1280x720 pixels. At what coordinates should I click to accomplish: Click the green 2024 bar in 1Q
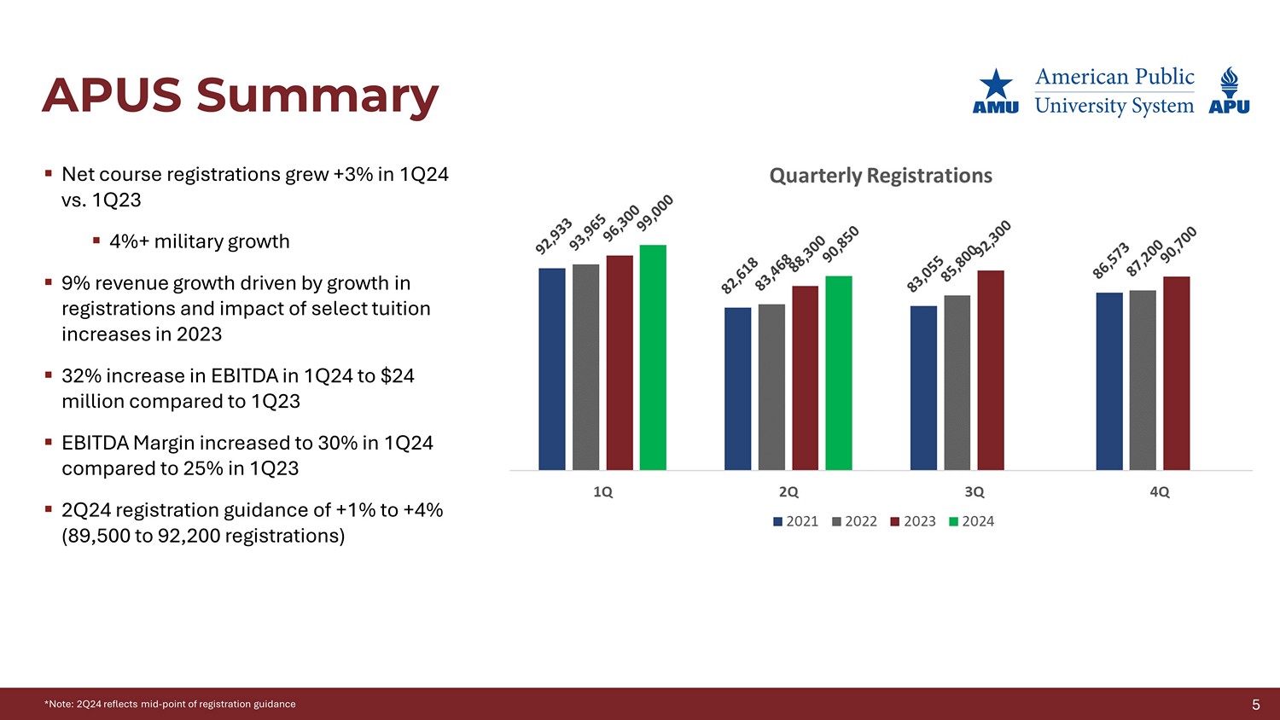[x=653, y=357]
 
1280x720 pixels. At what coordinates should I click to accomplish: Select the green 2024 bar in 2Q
[x=839, y=373]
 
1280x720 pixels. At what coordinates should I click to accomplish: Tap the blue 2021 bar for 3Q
[x=923, y=388]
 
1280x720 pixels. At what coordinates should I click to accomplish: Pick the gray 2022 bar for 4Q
[x=1143, y=380]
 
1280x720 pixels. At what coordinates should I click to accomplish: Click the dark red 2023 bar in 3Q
[x=991, y=370]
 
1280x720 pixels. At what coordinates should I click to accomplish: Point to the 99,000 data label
[x=655, y=212]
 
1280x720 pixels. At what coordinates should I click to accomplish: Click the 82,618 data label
[x=740, y=276]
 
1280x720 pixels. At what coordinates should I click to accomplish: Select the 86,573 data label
[x=1111, y=260]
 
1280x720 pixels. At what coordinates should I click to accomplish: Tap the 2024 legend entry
[x=972, y=521]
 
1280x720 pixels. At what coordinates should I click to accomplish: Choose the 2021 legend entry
[x=795, y=521]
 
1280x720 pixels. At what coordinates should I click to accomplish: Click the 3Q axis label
[x=974, y=492]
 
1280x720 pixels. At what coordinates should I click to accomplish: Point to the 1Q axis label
[x=602, y=492]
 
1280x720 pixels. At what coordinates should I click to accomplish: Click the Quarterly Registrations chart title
[x=881, y=176]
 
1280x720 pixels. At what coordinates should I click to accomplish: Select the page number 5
[x=1256, y=705]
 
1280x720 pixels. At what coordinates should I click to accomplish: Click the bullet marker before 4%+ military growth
[x=96, y=241]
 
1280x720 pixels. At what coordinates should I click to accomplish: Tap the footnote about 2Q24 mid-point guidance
[x=170, y=705]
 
